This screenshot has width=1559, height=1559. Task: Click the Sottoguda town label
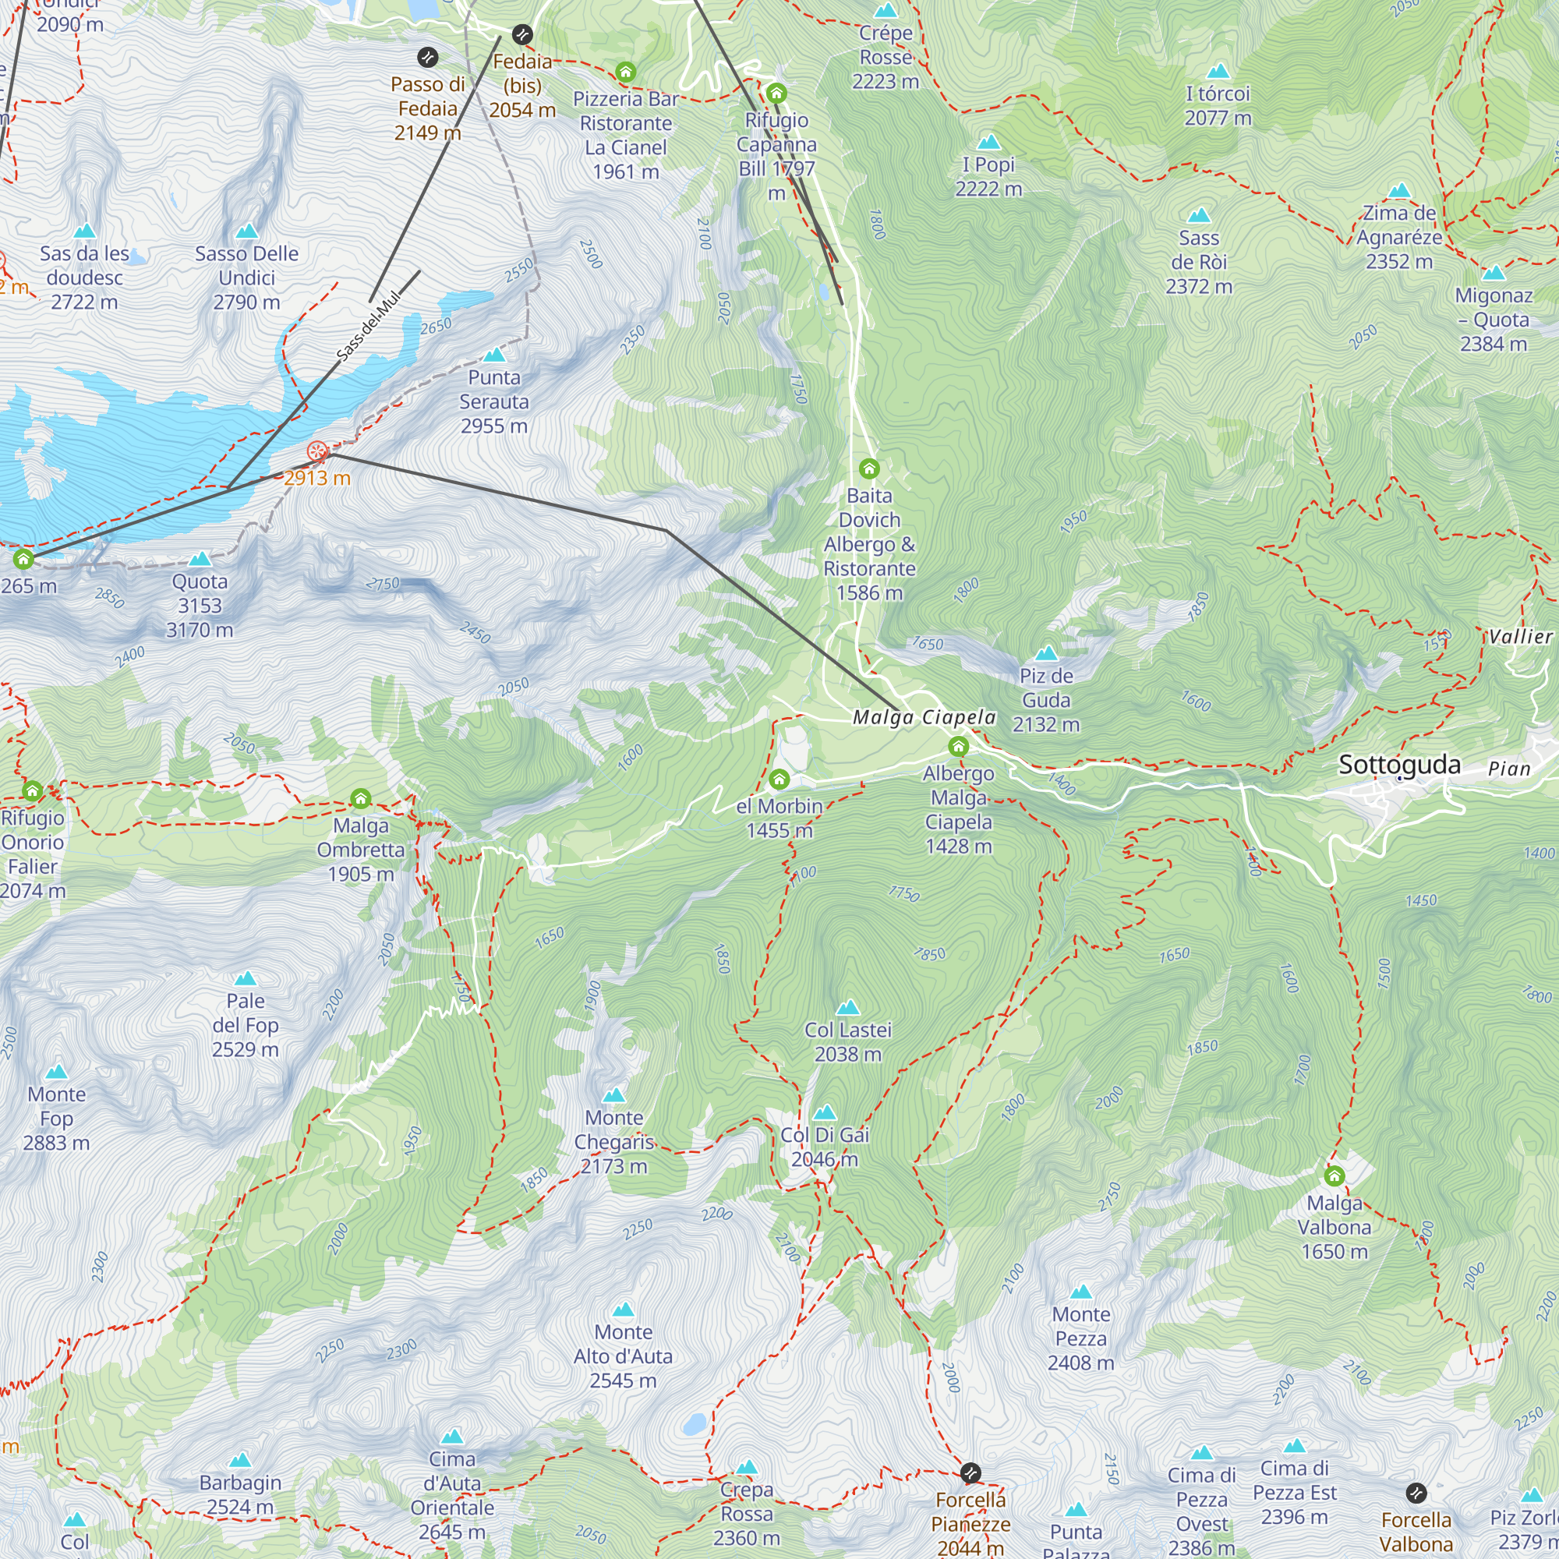1399,764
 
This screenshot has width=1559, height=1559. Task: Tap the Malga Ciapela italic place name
924,717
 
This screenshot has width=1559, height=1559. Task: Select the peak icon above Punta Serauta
494,355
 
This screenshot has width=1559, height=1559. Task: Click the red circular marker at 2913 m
318,451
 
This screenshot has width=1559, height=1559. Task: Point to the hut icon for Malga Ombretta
361,799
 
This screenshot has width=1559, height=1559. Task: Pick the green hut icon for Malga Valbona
1335,1175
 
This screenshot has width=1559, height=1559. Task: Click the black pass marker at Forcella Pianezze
970,1473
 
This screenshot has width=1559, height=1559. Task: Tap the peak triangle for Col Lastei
848,1007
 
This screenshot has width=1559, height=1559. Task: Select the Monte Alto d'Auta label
623,1356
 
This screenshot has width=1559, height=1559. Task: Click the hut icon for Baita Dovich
869,468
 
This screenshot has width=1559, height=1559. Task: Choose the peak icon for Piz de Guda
1047,652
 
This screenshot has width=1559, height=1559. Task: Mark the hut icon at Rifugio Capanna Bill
776,93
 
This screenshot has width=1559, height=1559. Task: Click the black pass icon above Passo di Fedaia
428,57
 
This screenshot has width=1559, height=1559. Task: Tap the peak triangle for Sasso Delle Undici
247,231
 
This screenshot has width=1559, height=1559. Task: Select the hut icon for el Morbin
779,779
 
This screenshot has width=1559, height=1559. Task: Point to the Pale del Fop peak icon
246,979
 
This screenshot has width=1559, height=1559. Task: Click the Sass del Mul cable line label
368,325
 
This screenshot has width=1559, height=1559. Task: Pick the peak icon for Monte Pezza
1080,1292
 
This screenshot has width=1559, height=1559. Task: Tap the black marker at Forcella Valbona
1416,1493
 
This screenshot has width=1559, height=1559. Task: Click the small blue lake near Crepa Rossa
694,1424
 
